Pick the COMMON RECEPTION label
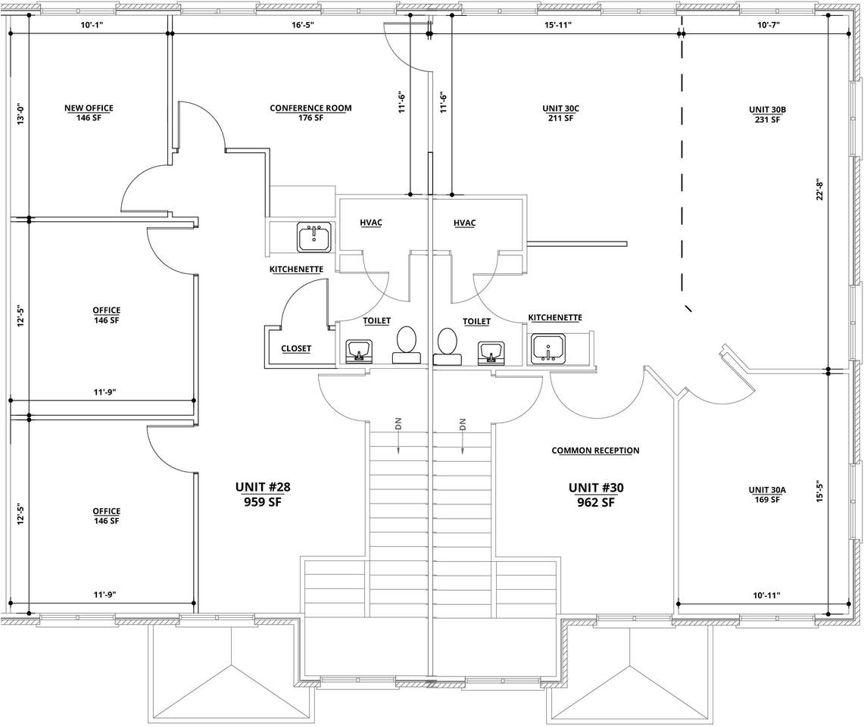[595, 451]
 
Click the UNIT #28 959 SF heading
[263, 495]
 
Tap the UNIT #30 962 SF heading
[596, 495]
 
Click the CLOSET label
[296, 348]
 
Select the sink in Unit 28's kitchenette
[314, 238]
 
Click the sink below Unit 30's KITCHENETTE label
[548, 349]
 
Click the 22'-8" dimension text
[819, 189]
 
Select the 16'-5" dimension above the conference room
[302, 25]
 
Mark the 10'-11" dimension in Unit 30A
[766, 595]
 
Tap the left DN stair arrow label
[398, 423]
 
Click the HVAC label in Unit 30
[464, 223]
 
